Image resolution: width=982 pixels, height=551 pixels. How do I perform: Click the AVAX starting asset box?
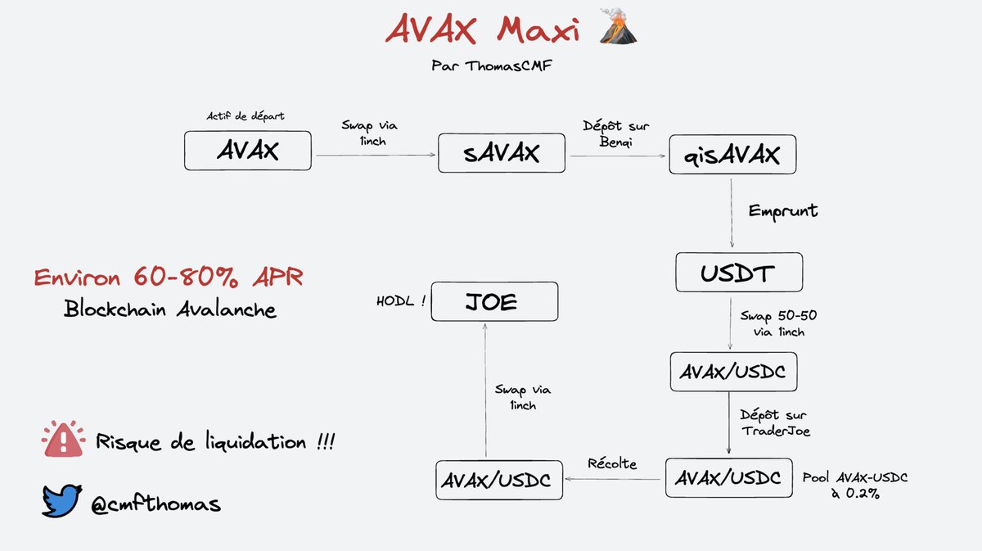(247, 151)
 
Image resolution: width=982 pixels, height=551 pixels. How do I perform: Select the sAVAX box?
(501, 153)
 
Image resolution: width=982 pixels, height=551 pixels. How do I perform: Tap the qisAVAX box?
(732, 153)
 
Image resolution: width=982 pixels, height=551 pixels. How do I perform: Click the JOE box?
(494, 301)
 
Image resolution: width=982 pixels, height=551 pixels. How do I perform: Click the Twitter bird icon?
(62, 500)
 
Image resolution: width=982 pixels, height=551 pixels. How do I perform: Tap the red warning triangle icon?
(63, 440)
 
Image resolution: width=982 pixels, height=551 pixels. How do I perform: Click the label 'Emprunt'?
(783, 210)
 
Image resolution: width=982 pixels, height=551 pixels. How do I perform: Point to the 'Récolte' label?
(612, 463)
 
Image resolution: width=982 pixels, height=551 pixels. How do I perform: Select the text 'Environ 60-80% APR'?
(168, 278)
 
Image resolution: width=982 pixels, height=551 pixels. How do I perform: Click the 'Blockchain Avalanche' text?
(169, 309)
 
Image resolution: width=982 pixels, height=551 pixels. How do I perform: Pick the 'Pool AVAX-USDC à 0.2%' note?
(854, 486)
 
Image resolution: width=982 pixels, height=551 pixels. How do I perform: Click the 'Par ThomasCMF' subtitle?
(490, 65)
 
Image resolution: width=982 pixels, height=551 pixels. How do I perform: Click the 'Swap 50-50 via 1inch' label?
(778, 323)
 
